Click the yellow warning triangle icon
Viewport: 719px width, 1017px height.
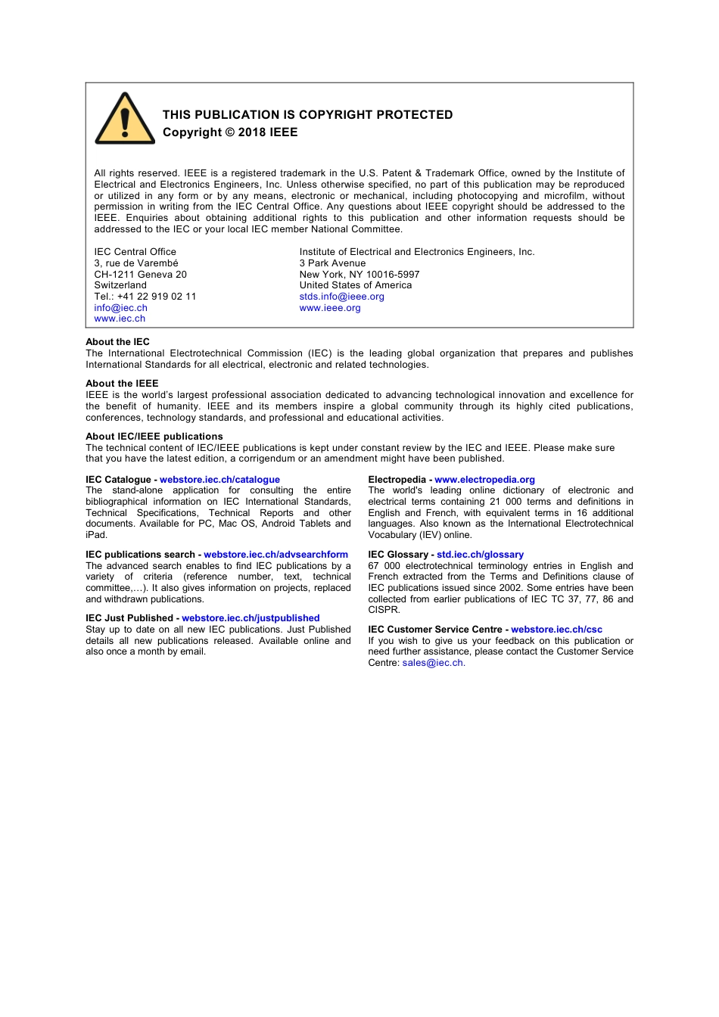125,120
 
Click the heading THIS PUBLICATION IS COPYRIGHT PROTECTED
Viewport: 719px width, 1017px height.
307,115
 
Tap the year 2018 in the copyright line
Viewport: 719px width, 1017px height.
252,132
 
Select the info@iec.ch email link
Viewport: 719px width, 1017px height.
120,308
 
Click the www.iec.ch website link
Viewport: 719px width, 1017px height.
120,319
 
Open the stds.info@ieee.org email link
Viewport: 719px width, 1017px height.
341,297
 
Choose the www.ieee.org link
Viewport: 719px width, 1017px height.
330,308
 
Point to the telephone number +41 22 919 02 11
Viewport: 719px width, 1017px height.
157,297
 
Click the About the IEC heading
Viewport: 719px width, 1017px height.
117,342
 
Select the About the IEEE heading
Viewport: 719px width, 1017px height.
122,384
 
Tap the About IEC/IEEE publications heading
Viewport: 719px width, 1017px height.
154,437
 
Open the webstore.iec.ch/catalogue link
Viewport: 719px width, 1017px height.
219,480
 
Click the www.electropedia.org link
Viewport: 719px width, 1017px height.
484,480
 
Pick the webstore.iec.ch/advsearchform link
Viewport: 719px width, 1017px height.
275,555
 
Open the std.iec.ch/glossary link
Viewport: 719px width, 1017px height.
480,555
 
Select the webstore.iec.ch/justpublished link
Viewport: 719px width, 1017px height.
251,618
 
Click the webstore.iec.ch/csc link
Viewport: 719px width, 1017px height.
556,630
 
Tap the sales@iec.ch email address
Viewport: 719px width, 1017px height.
432,663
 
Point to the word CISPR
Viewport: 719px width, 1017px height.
383,610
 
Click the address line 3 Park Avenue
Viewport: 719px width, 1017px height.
332,263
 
